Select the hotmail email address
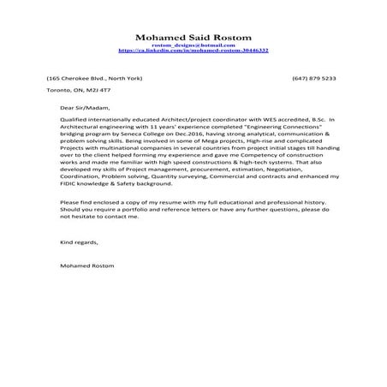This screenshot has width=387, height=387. click(193, 45)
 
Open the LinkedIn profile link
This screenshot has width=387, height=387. click(193, 51)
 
